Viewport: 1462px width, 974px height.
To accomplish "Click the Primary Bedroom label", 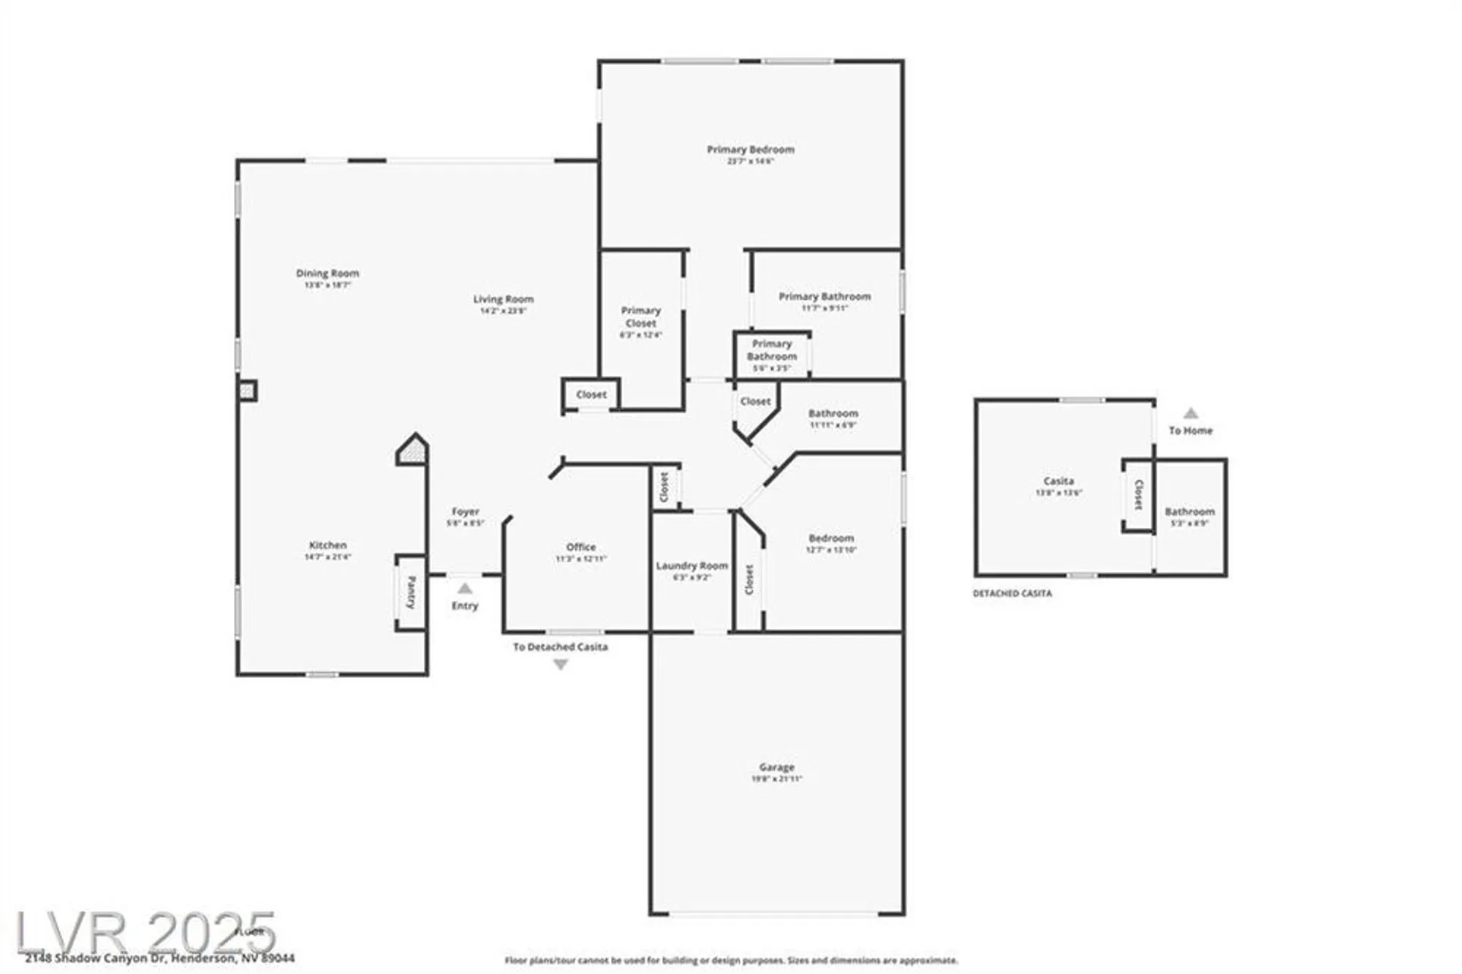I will tap(750, 150).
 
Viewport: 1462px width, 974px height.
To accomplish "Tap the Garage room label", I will tap(776, 767).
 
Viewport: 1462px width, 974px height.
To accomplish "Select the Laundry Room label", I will tap(692, 565).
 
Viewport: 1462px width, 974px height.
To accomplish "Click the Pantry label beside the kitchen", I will tap(411, 592).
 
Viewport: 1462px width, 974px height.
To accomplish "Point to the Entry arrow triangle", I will tap(465, 589).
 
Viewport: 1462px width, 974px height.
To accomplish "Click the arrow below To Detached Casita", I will tap(561, 665).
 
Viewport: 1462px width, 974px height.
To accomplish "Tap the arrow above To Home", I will tap(1191, 413).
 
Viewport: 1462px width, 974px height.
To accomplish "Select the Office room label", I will tap(580, 547).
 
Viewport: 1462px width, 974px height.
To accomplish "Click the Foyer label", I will tap(465, 512).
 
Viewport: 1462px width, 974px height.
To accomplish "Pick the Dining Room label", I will tap(327, 273).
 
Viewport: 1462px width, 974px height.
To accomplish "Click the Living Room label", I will tap(503, 299).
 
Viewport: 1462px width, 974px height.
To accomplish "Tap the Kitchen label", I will tap(327, 545).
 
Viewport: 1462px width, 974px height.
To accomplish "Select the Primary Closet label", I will tap(640, 317).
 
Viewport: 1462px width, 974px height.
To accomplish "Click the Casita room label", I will tap(1058, 481).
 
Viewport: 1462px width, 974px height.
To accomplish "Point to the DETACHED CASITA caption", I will tap(1012, 594).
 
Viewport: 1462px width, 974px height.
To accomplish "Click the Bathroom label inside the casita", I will tap(1189, 512).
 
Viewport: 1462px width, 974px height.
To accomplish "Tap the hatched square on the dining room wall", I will tap(247, 391).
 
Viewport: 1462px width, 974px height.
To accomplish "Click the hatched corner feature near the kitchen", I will tap(413, 451).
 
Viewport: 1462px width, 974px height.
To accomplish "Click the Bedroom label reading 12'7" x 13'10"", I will tap(831, 538).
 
